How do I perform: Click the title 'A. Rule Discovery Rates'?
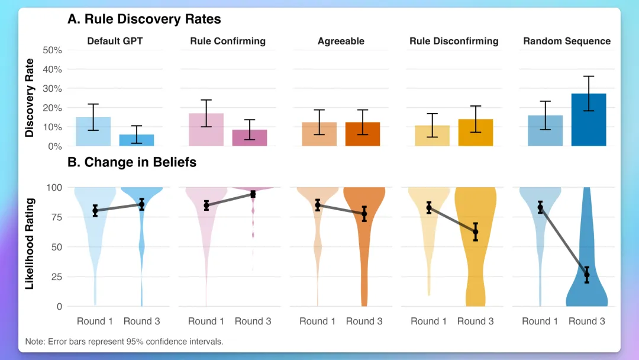click(144, 19)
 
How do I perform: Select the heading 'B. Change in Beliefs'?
click(132, 162)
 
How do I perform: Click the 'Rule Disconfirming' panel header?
click(454, 41)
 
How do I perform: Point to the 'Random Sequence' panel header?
click(567, 41)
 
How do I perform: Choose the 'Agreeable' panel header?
click(341, 41)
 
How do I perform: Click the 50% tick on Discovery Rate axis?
click(53, 50)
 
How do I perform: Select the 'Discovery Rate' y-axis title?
click(30, 98)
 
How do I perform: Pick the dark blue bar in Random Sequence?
click(589, 120)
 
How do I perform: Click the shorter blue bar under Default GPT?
click(137, 140)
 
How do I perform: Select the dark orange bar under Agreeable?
click(363, 134)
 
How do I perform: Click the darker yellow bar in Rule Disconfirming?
click(476, 133)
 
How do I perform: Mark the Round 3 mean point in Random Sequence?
click(587, 274)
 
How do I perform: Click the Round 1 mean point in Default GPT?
click(95, 210)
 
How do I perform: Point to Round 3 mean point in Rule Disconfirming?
click(475, 232)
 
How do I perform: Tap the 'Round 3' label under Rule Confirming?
click(253, 322)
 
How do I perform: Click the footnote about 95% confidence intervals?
click(124, 342)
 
